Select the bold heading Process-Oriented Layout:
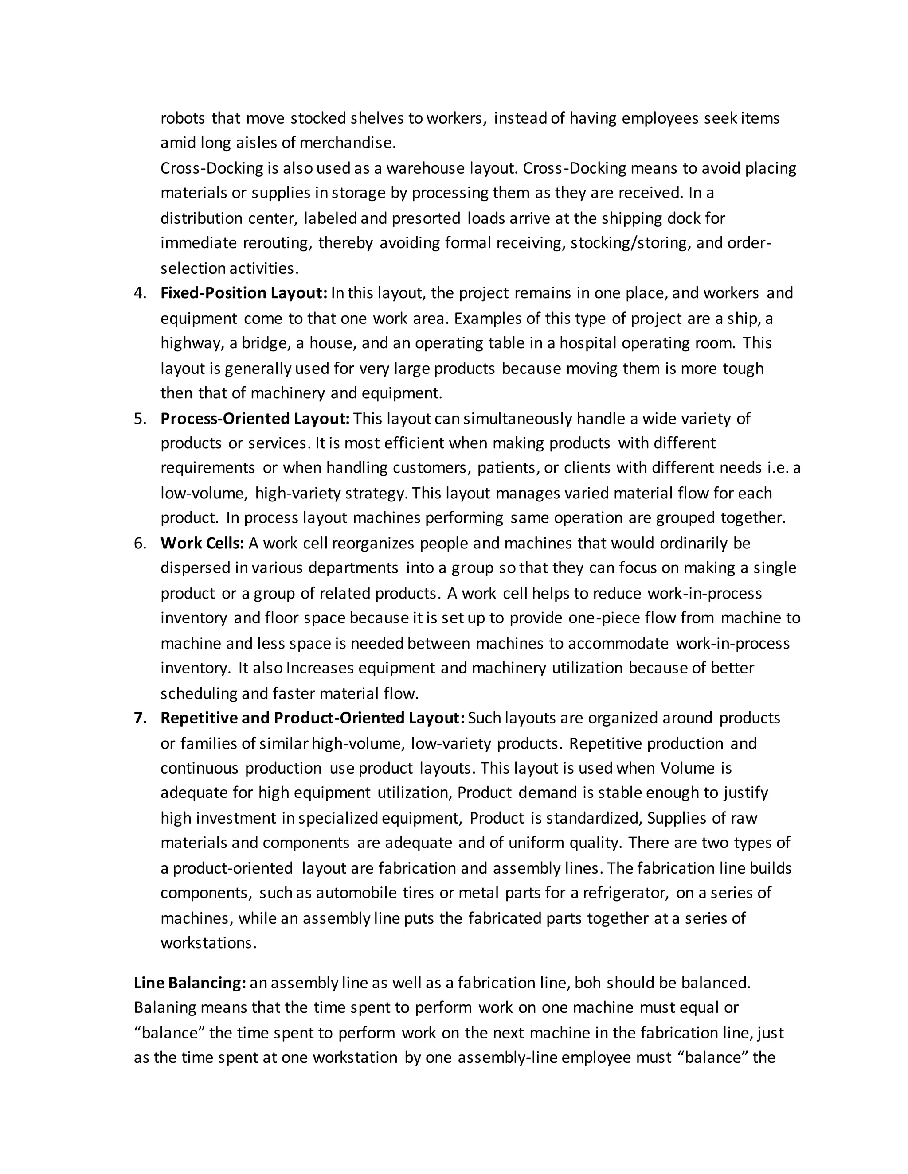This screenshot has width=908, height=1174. (x=255, y=418)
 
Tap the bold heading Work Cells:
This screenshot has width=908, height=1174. (x=202, y=543)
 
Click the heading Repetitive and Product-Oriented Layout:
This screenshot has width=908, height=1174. (x=313, y=718)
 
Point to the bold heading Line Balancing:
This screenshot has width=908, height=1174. (x=190, y=983)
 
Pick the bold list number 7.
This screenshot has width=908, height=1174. (x=139, y=719)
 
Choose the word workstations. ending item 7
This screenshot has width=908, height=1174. (x=208, y=943)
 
